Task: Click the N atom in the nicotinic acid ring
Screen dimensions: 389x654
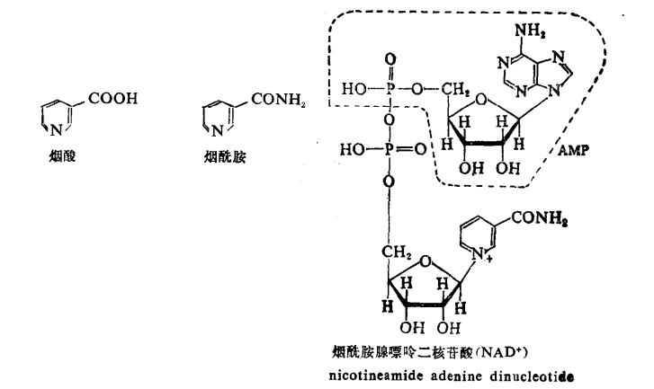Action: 53,131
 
